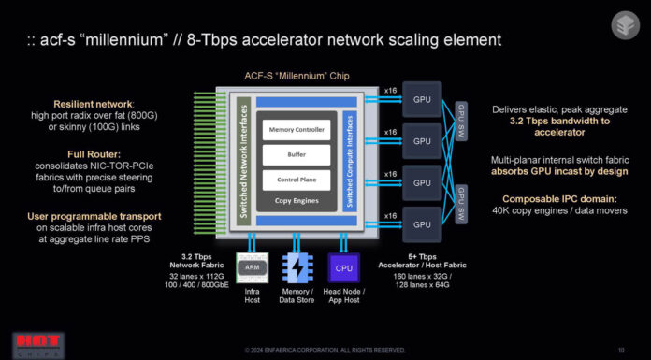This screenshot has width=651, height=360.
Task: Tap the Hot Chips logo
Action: [x=25, y=345]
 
